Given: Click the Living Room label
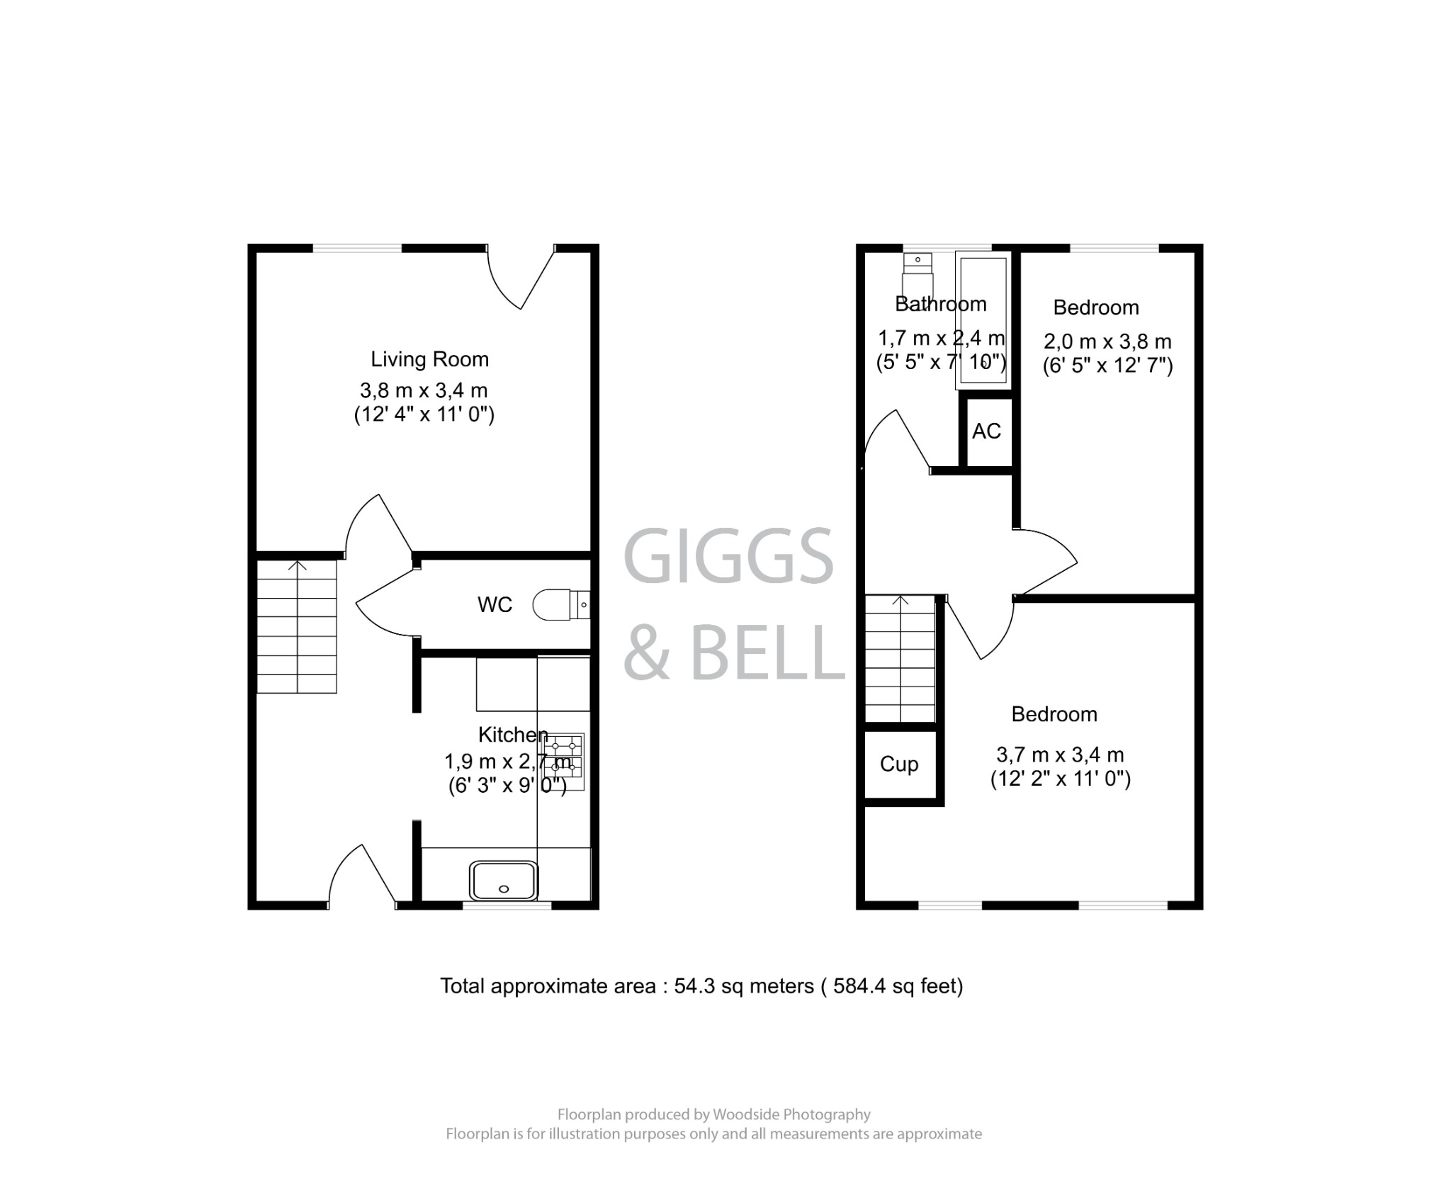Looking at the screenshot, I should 429,359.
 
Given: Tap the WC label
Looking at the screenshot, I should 495,604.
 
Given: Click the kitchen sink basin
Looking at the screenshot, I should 504,881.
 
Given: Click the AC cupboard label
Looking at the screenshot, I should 986,431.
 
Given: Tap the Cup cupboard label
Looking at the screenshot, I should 899,764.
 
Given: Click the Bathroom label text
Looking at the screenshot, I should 940,304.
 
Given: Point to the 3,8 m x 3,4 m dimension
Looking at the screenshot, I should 424,390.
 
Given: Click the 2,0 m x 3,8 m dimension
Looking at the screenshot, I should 1107,341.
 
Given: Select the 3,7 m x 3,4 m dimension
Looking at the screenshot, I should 1060,755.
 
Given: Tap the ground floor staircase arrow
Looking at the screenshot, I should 298,566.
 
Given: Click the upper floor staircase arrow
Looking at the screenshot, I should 900,601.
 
